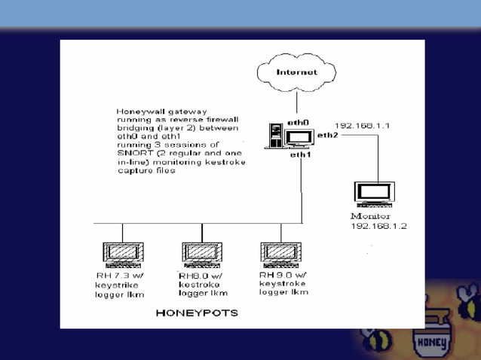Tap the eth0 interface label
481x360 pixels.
[x=299, y=122]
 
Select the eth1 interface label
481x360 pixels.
[x=301, y=154]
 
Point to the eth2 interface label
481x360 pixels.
[x=327, y=135]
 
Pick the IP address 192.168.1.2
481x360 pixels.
[x=378, y=225]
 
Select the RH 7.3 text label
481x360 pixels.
[x=113, y=276]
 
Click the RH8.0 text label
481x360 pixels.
[x=192, y=276]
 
